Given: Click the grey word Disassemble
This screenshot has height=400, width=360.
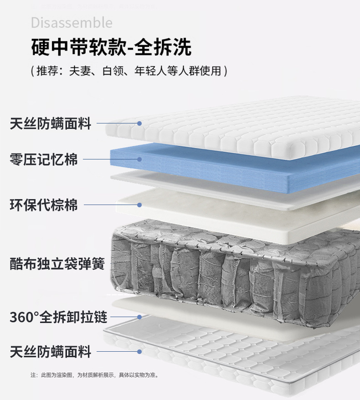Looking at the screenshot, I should click(x=72, y=22).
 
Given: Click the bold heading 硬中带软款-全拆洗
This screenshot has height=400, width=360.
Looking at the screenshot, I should click(x=111, y=47).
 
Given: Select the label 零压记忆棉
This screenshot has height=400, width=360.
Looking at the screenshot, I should click(x=44, y=159).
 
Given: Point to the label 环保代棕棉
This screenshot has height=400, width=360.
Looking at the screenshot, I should click(x=44, y=205).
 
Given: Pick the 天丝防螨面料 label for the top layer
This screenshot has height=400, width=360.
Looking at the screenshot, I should click(x=51, y=123).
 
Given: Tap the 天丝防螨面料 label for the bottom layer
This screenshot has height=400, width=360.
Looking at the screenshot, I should click(x=51, y=352).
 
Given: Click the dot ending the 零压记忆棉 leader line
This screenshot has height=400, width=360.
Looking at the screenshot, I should click(x=139, y=159).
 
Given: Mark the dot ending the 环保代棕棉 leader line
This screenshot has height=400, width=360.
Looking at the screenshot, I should click(x=139, y=205).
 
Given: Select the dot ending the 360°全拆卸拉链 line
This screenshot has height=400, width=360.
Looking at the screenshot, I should click(x=139, y=317).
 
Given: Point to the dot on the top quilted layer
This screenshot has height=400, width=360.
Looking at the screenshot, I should click(x=139, y=123).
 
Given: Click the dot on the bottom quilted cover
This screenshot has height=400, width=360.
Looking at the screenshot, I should click(x=139, y=352).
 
